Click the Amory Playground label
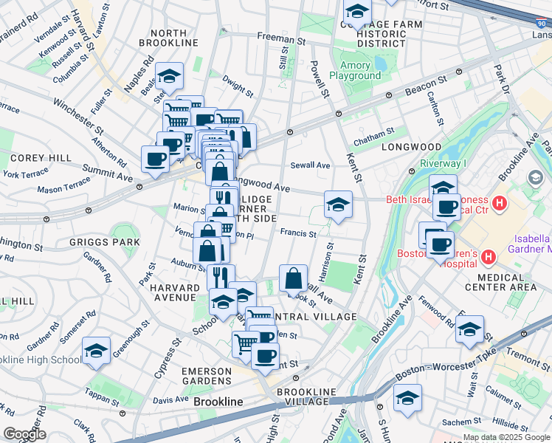click(355, 70)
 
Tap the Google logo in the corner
click(24, 434)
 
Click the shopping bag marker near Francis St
click(294, 281)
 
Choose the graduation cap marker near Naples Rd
click(170, 77)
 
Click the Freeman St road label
click(281, 38)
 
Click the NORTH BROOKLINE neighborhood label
click(174, 38)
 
